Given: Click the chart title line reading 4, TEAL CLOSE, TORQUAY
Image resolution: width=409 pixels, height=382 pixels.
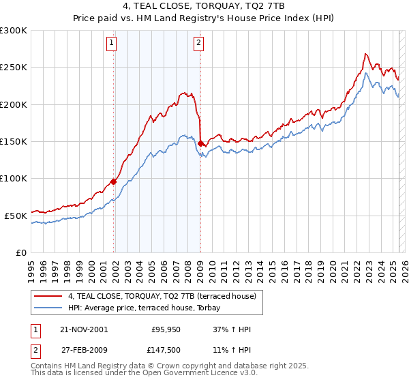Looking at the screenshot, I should pos(204,6).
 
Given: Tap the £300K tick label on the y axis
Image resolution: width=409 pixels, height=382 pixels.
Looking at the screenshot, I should pos(14,31).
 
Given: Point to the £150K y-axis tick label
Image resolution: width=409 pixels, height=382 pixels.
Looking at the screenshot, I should pos(14,142).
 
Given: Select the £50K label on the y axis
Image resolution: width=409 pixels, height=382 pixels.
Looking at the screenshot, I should pos(16,216).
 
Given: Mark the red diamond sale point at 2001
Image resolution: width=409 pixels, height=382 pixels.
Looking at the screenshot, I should pos(114,181).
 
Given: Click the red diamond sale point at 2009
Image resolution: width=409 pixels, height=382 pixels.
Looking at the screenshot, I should pos(201,143).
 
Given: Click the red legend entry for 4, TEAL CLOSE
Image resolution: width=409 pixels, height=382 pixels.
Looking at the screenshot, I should pos(162,296).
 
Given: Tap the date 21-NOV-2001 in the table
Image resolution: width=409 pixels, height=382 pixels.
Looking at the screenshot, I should pos(83,329).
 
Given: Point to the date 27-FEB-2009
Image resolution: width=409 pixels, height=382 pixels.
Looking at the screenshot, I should pos(83,351).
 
